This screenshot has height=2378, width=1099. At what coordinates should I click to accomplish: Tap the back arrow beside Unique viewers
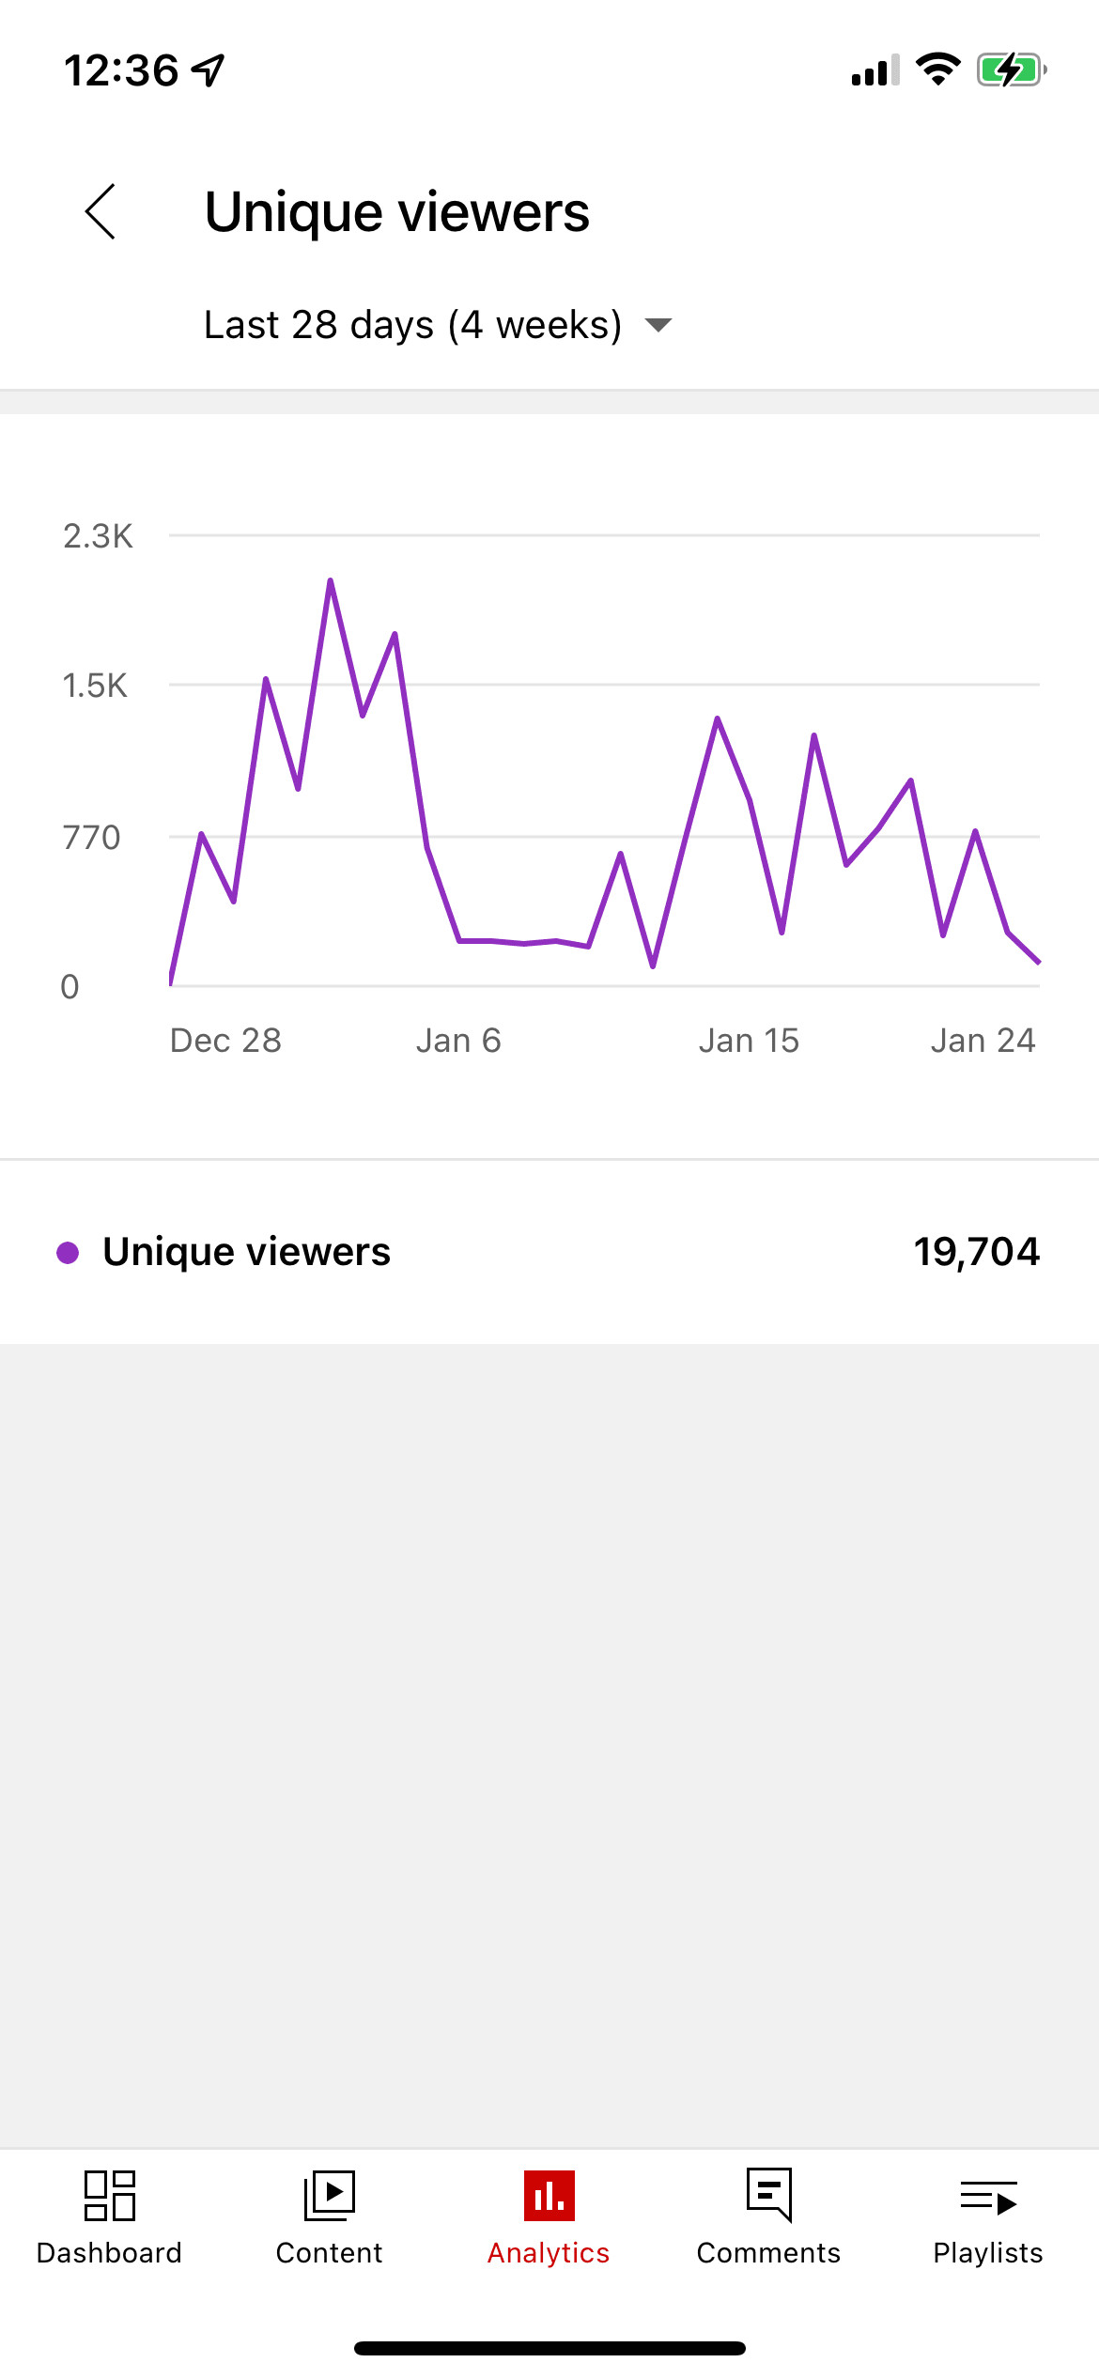tap(101, 211)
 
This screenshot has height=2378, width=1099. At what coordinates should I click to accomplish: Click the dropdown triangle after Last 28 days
tap(658, 325)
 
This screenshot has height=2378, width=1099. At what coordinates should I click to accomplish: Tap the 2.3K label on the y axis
tap(98, 536)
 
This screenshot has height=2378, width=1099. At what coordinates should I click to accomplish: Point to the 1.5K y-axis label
tap(95, 686)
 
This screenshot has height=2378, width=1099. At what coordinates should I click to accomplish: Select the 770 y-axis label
tap(92, 837)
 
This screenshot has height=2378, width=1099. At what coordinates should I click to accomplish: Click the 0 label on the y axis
tap(70, 986)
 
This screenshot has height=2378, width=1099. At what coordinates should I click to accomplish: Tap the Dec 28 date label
tap(225, 1041)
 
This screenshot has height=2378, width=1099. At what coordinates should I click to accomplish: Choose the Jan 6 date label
tap(458, 1041)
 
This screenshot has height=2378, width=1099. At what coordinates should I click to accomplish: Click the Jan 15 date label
tap(749, 1041)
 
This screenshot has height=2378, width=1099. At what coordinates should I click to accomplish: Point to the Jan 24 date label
tap(983, 1041)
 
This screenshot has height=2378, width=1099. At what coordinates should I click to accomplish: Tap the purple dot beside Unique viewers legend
tap(68, 1252)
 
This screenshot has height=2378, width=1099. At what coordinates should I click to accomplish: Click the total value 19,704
tap(977, 1252)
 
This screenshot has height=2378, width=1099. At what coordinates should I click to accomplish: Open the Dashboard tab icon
tap(110, 2196)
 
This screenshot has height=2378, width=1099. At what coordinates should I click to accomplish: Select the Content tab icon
tap(330, 2196)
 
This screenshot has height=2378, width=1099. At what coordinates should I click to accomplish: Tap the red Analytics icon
tap(549, 2196)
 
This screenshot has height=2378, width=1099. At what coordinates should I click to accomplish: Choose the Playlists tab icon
tap(988, 2198)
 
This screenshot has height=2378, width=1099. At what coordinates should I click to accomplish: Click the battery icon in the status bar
tap(1011, 70)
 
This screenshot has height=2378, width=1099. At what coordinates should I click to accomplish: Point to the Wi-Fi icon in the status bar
tap(937, 69)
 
